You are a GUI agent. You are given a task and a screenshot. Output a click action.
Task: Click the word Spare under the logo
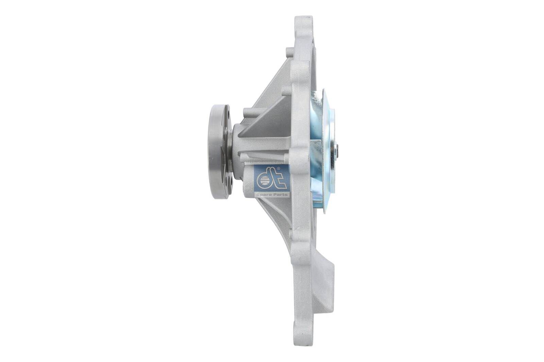tap(263, 194)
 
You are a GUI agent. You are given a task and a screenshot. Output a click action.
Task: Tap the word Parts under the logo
tap(280, 194)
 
